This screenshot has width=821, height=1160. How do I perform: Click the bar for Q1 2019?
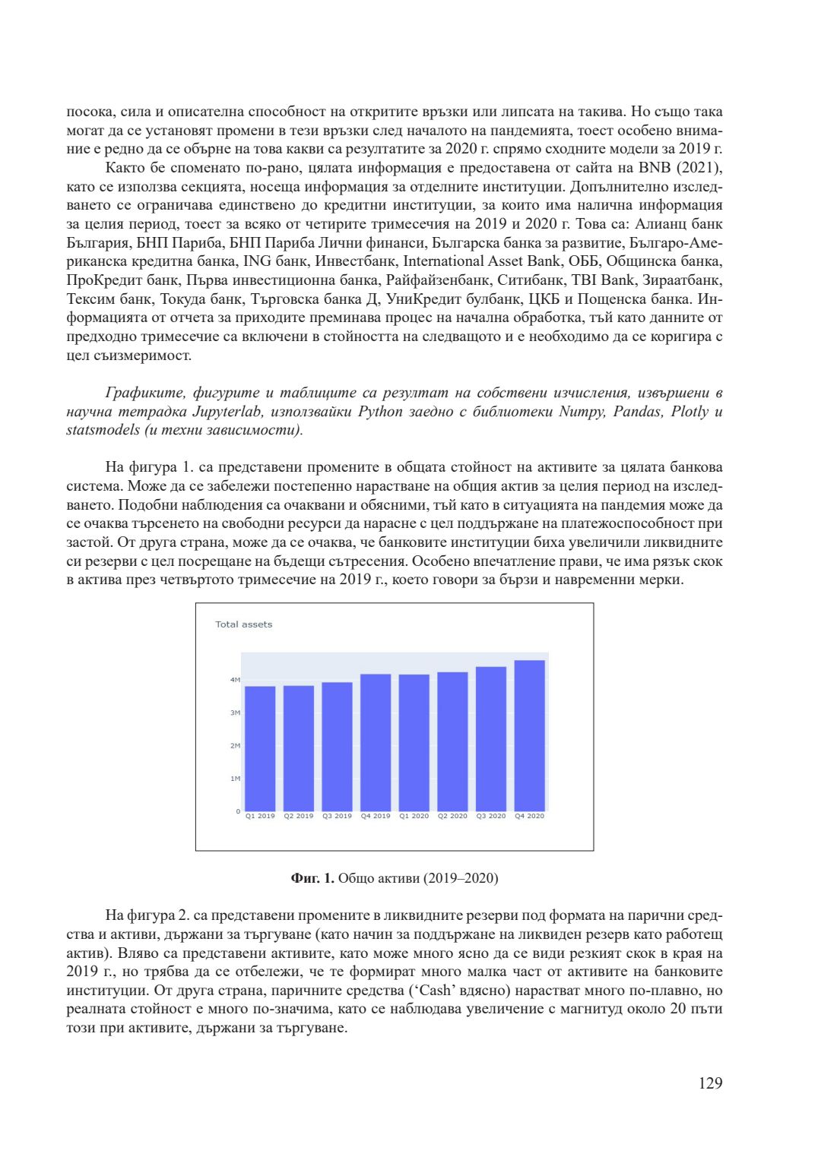click(x=260, y=748)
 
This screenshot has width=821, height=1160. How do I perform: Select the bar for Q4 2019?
click(x=376, y=742)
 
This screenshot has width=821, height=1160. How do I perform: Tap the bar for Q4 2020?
click(x=529, y=735)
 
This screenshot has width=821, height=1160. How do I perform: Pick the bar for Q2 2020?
click(x=452, y=741)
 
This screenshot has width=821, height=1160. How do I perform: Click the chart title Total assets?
click(x=243, y=624)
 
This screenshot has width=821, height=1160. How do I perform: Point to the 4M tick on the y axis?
click(x=235, y=680)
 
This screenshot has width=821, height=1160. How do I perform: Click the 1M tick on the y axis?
click(x=235, y=779)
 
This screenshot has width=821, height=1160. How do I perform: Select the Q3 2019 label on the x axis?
click(x=337, y=816)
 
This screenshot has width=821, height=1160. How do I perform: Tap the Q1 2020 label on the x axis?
click(x=414, y=816)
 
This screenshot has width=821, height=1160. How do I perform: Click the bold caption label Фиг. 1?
click(x=312, y=878)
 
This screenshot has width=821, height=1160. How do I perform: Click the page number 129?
click(x=710, y=1083)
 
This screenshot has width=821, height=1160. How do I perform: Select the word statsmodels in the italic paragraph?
click(x=103, y=430)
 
